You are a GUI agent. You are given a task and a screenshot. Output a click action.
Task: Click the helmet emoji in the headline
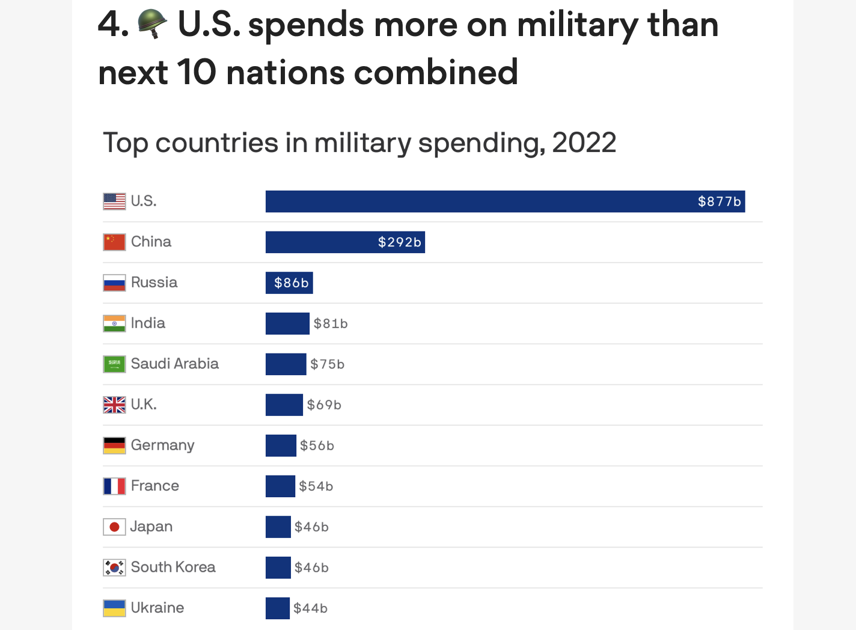(x=152, y=24)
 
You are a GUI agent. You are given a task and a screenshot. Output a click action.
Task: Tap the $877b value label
(x=719, y=201)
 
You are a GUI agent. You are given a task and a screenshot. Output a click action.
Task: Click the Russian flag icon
(x=114, y=283)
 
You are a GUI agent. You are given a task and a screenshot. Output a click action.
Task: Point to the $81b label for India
(x=331, y=323)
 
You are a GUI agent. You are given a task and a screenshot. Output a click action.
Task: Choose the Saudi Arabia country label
(x=174, y=364)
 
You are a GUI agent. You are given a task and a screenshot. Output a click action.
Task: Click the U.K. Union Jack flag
(x=114, y=405)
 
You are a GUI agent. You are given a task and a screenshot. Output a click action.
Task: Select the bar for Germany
(x=281, y=445)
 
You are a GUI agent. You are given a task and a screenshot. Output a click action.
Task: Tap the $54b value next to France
(x=316, y=486)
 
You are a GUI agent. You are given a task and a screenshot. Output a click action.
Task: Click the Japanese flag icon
(x=114, y=527)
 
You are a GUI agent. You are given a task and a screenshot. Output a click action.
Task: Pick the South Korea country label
(x=173, y=567)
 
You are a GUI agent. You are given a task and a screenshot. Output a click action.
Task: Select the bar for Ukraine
(x=278, y=608)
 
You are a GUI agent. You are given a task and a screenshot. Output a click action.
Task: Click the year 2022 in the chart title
(x=584, y=143)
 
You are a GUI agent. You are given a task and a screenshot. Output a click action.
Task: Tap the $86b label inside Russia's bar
(x=292, y=283)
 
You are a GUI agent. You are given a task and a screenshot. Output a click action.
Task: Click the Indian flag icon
(x=114, y=323)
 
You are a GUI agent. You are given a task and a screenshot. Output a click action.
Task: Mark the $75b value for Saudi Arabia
(x=328, y=364)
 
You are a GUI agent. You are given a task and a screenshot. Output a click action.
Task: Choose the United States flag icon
(x=114, y=201)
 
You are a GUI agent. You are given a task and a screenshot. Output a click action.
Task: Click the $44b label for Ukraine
(x=311, y=608)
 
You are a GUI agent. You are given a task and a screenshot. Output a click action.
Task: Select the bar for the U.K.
(x=284, y=405)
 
